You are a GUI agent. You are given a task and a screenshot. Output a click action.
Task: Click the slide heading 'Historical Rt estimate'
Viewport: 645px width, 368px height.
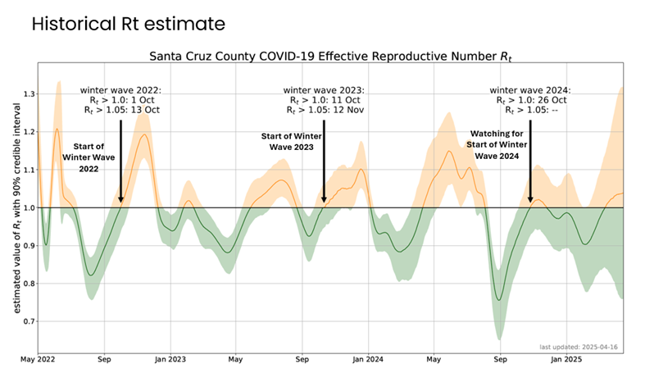[x=128, y=25]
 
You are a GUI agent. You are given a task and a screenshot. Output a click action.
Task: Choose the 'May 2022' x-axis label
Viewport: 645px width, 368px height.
[x=39, y=359]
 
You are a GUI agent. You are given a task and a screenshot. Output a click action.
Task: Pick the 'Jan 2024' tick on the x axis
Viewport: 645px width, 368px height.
[x=369, y=359]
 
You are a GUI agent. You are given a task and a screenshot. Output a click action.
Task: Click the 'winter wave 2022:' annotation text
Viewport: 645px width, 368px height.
[x=120, y=89]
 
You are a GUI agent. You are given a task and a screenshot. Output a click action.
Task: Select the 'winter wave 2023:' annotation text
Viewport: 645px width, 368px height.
[x=323, y=89]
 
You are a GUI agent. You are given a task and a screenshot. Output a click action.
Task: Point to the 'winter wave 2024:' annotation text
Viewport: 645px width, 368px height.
[x=529, y=89]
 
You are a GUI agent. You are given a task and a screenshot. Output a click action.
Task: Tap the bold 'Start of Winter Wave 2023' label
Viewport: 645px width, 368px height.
[x=288, y=142]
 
